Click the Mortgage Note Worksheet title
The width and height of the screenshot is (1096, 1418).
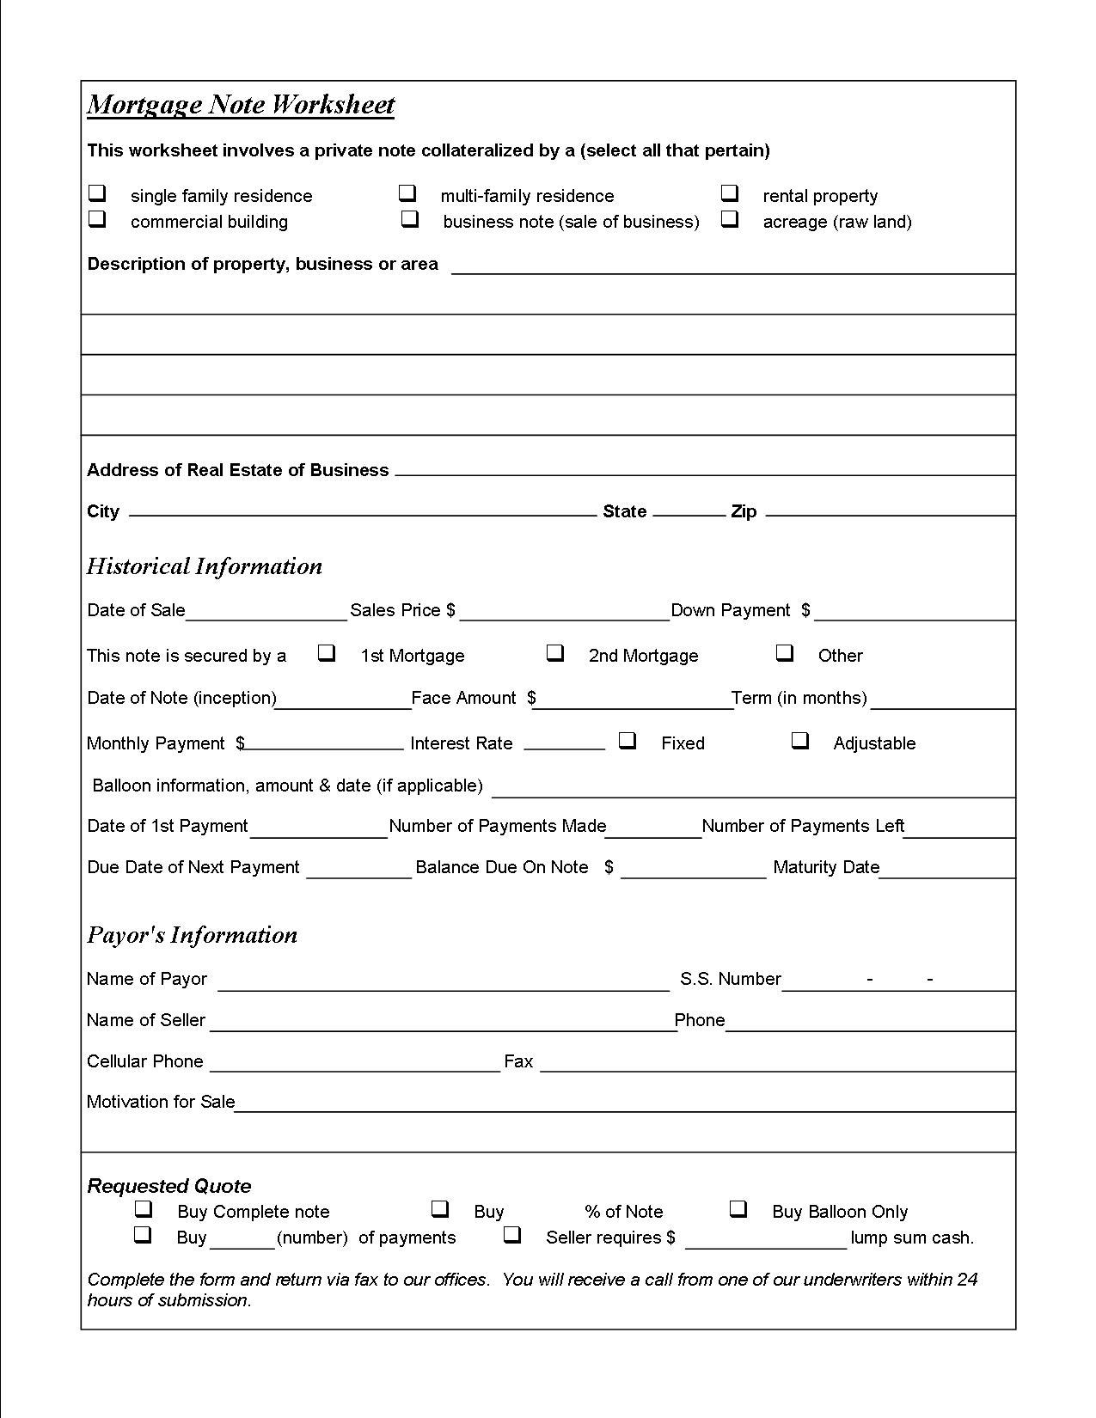(x=241, y=105)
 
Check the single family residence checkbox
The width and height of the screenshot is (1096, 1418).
(x=98, y=193)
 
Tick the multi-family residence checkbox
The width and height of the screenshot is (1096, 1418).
(x=407, y=193)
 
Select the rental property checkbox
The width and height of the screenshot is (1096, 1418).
(x=730, y=193)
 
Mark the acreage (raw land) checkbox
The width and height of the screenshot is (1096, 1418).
(x=730, y=219)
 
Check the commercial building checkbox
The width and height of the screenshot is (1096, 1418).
(x=98, y=219)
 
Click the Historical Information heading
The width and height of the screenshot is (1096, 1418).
(x=205, y=566)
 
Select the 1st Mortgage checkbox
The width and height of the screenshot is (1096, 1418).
(x=327, y=653)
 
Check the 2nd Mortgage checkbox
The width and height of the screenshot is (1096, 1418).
(x=555, y=653)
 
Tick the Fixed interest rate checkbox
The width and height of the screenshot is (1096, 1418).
(x=628, y=740)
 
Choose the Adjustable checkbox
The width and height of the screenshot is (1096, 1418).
(x=800, y=740)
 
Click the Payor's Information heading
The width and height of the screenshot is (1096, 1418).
(x=193, y=935)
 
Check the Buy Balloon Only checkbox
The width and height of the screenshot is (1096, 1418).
(x=738, y=1209)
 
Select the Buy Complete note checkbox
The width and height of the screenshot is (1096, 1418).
(x=144, y=1209)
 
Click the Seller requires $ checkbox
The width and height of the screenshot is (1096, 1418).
(x=512, y=1235)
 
